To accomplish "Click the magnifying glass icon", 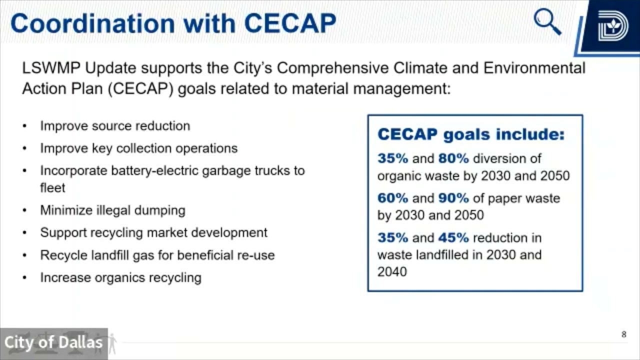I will coord(547,22).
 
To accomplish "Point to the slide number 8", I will coord(623,334).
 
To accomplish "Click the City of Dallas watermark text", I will coord(53,342).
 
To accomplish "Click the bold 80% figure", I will coord(453,158).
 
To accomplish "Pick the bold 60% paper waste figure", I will coord(392,198).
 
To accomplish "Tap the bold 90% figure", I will coord(453,198).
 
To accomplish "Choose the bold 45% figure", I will coord(453,237).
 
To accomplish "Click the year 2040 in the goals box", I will coord(392,271).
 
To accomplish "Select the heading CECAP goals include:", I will coord(470,134).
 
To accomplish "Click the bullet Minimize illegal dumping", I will coord(112,210).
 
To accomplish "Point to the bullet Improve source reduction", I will coord(115,125).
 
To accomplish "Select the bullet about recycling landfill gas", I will coord(157,255).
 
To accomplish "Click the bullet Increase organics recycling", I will coord(120,277).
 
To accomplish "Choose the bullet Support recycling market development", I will coord(153,232).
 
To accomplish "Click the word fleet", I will coord(52,187).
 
